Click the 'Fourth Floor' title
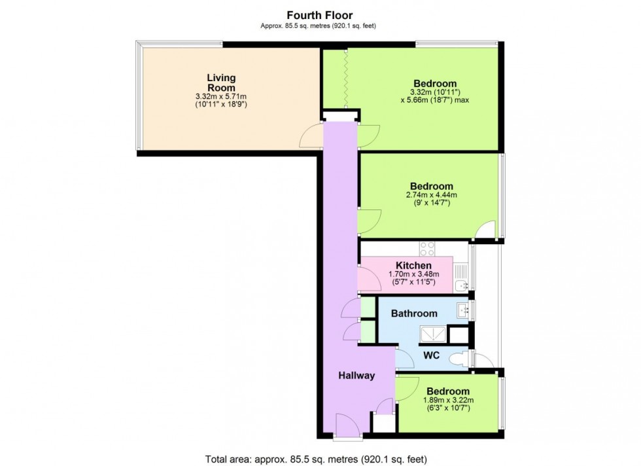coord(320,14)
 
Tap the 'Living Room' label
coord(221,82)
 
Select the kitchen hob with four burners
coord(427,249)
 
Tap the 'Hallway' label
coord(356,376)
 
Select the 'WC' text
coord(432,356)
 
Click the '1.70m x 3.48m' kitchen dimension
coord(414,274)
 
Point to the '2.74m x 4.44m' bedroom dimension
coord(432,195)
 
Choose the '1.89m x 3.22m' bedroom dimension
coord(447,401)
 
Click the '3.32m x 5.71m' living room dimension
coord(221,97)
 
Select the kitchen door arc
coord(370,280)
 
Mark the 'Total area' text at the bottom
coord(320,459)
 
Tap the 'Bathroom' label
coord(414,314)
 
